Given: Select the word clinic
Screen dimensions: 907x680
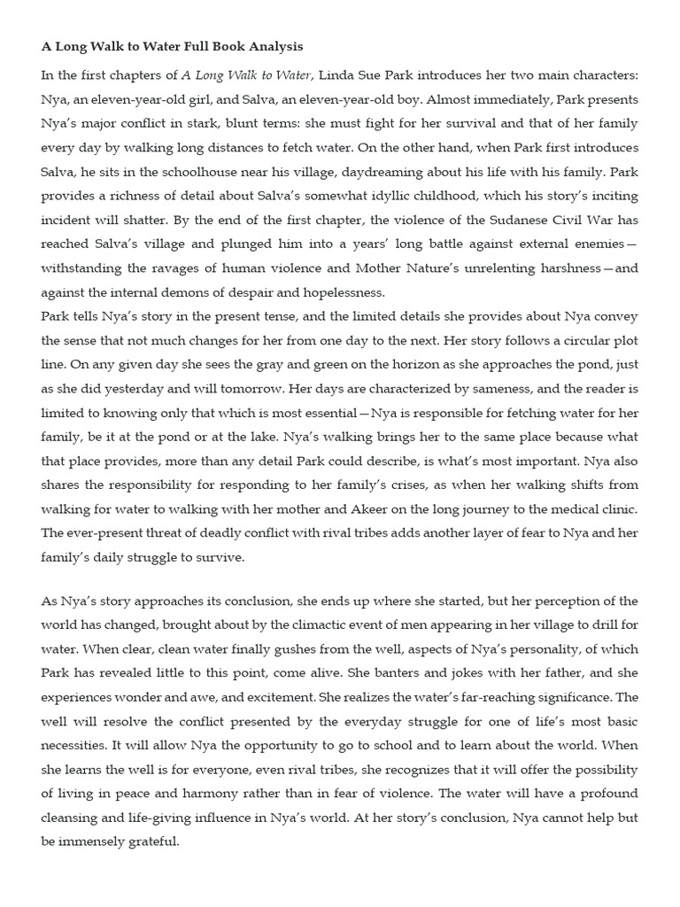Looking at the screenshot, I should (618, 508).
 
